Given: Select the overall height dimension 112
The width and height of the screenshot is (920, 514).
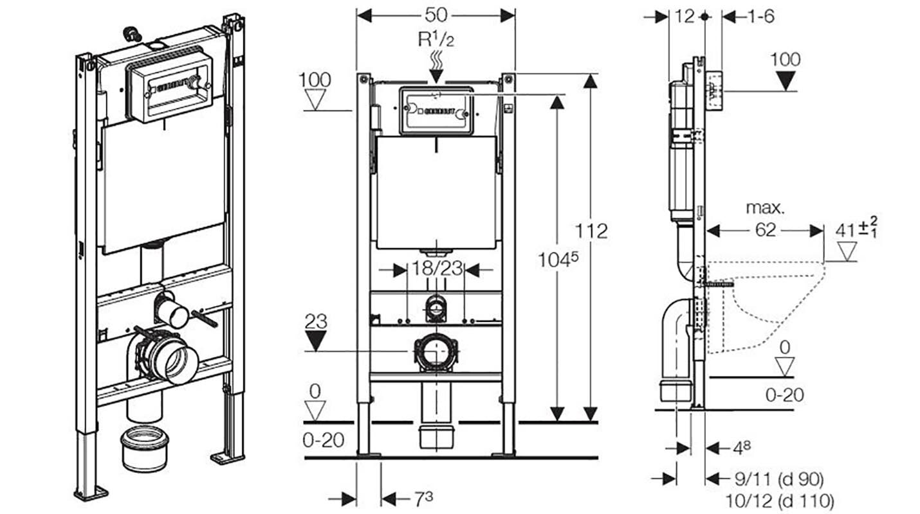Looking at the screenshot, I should coord(592,231).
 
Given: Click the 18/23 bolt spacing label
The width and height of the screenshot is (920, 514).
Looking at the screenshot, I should coord(437,269).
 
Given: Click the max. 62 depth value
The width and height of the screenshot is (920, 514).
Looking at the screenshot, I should coord(765,230).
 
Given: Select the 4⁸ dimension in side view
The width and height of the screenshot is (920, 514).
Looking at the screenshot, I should coord(741,447).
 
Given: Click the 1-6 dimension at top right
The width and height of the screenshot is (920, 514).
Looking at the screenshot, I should coord(760,17).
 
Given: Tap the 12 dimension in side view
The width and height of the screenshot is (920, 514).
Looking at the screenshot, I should coord(685,17).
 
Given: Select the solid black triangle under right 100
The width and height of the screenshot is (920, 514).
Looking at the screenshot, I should coord(786,80).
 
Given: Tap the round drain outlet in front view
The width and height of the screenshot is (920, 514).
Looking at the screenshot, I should coord(436,352).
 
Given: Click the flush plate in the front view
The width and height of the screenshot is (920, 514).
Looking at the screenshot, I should coord(436,111).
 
